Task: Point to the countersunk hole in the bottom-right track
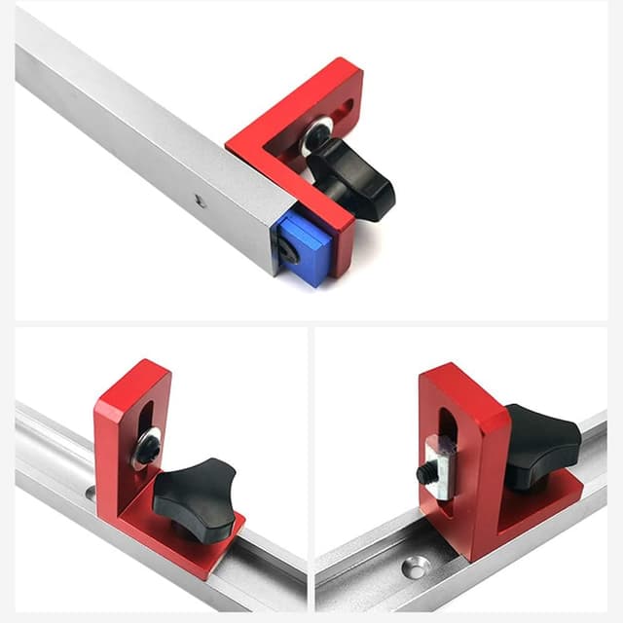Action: [419, 564]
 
